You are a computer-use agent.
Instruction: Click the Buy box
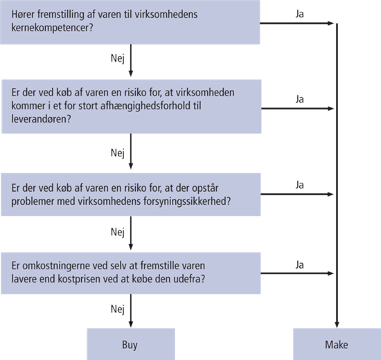pos(131,344)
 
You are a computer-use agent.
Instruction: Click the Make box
pos(337,344)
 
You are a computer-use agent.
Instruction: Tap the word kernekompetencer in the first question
pos(52,28)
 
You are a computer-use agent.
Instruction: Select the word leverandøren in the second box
pos(41,119)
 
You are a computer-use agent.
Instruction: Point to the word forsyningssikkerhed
pos(187,201)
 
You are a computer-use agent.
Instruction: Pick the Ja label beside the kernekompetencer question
pos(300,14)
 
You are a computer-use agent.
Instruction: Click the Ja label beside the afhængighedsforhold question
pos(300,99)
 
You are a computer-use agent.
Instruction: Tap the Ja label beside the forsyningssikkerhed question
pos(300,185)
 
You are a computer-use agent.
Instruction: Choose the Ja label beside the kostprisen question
pos(300,264)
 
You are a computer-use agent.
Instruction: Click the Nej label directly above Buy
pos(118,309)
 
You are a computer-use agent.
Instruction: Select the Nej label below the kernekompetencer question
pos(118,58)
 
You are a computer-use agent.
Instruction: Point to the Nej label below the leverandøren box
pos(118,153)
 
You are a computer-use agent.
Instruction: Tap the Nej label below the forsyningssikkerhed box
pos(118,232)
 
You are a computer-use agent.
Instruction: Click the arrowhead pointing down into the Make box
pos(337,325)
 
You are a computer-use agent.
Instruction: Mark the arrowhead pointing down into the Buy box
pos(131,324)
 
